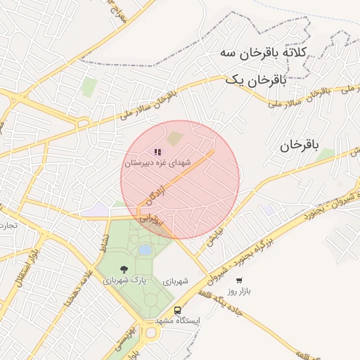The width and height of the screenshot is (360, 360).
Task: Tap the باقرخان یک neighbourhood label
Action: pos(256,81)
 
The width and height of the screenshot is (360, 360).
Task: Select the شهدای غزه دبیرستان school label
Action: pos(157,162)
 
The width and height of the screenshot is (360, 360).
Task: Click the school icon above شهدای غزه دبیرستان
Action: pos(157,151)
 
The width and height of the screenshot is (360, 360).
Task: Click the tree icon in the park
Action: pos(124,269)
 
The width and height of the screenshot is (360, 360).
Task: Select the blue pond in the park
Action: pos(146,250)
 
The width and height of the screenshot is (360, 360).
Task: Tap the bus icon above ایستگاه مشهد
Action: pos(177,310)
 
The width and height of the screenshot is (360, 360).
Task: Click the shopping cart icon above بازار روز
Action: pos(240,280)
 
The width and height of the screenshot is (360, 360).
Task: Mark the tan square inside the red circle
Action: pos(174,140)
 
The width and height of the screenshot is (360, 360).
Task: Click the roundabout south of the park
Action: pos(150,333)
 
